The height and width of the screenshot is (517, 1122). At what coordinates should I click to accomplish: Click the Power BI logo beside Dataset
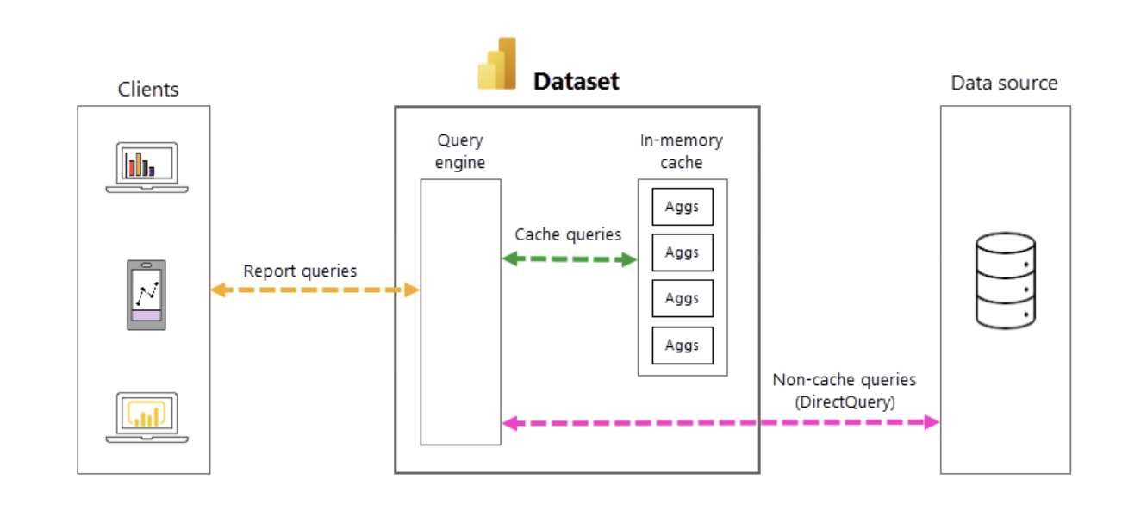coord(497,65)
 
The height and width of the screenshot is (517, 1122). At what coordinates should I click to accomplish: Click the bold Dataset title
coord(576,82)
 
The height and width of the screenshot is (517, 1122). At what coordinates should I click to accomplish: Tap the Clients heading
coord(148,89)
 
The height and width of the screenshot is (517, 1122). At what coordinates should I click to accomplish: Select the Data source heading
coord(1004,84)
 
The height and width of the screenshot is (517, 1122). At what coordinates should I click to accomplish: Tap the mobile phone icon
coord(146,295)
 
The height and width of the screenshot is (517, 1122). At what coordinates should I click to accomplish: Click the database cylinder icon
coord(1005,281)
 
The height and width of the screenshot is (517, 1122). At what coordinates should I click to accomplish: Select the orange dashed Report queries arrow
coord(315,290)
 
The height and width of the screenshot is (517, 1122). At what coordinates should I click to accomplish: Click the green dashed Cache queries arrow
coord(569,258)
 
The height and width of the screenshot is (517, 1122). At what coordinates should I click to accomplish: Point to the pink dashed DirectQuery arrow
coord(720,422)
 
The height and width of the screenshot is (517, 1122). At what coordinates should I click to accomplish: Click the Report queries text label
coord(300,271)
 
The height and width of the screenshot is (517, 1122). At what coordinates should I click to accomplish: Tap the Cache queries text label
coord(568,234)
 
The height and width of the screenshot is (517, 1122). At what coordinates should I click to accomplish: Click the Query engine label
coord(460,151)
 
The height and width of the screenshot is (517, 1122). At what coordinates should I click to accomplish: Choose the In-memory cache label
coord(681,151)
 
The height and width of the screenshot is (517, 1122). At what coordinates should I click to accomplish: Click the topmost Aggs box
coord(682,207)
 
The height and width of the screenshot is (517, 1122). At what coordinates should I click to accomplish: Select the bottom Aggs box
coord(682,346)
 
